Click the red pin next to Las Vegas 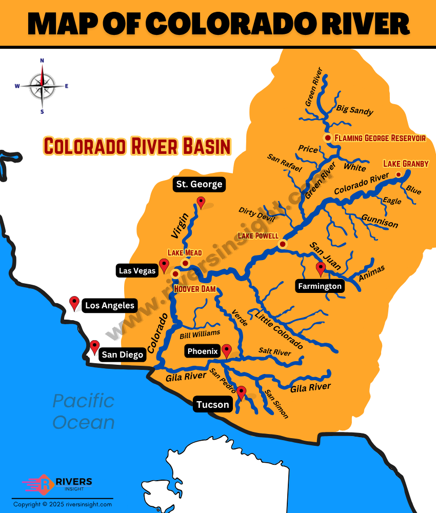164,265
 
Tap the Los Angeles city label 109,306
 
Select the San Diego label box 122,354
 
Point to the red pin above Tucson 241,393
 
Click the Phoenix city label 203,351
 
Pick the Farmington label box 320,286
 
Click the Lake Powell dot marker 282,244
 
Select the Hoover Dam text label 195,289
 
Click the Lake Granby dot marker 399,175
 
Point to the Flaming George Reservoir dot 327,138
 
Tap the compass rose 42,86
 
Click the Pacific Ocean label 84,411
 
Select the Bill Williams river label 200,335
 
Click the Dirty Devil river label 256,214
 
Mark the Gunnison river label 379,221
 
